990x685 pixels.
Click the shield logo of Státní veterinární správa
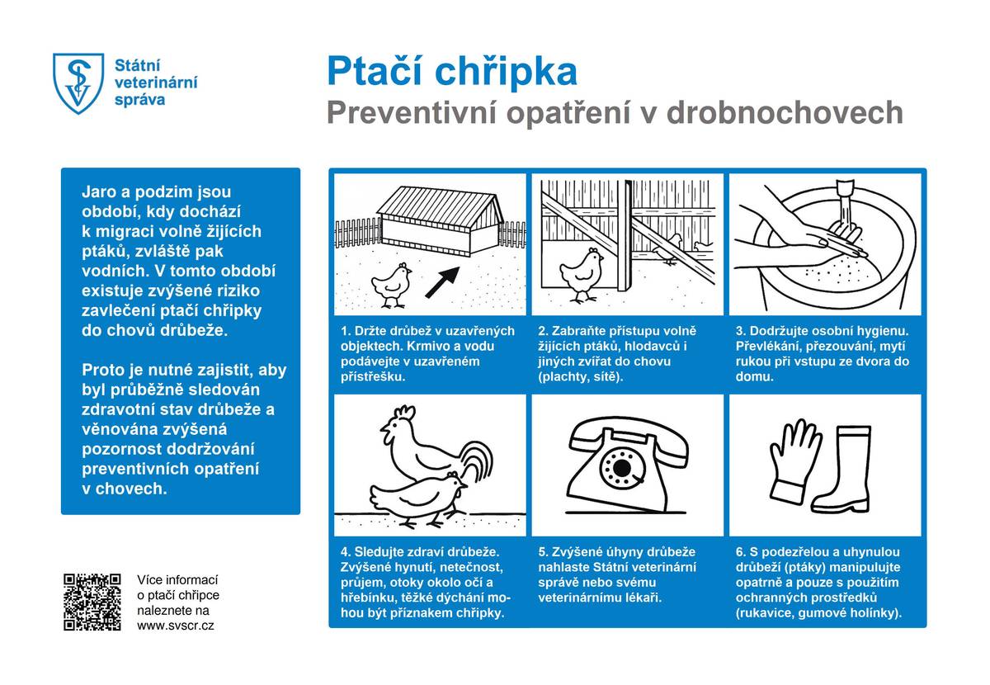pos(78,83)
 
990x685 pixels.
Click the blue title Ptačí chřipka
pos(451,72)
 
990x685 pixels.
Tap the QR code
pos(92,602)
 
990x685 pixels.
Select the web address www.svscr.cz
pos(176,626)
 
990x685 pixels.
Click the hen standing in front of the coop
pos(391,283)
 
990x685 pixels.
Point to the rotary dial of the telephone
pos(618,470)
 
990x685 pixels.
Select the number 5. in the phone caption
pos(543,551)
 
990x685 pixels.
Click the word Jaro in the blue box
pos(98,191)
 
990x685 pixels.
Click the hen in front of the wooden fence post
pos(582,273)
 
